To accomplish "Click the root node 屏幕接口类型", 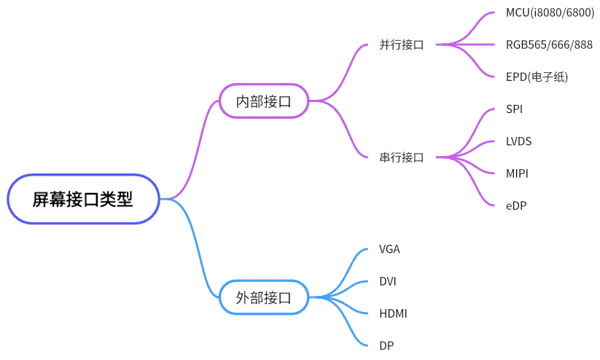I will (83, 199).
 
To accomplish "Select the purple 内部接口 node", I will (263, 101).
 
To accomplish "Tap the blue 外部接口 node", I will (263, 297).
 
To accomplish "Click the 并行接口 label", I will (402, 44).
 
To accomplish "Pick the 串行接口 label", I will (402, 157).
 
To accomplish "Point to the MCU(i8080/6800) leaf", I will (550, 12).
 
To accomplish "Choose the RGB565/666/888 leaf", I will (549, 44).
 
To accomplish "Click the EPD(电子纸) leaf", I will (537, 77).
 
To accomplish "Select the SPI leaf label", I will (514, 109).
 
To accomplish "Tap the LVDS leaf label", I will (518, 141).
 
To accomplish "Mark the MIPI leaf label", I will (517, 173).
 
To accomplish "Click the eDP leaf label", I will (515, 206).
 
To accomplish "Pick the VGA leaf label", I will (389, 249).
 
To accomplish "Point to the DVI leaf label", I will (388, 281).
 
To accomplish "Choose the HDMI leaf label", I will (393, 313).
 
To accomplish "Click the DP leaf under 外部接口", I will (386, 345).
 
